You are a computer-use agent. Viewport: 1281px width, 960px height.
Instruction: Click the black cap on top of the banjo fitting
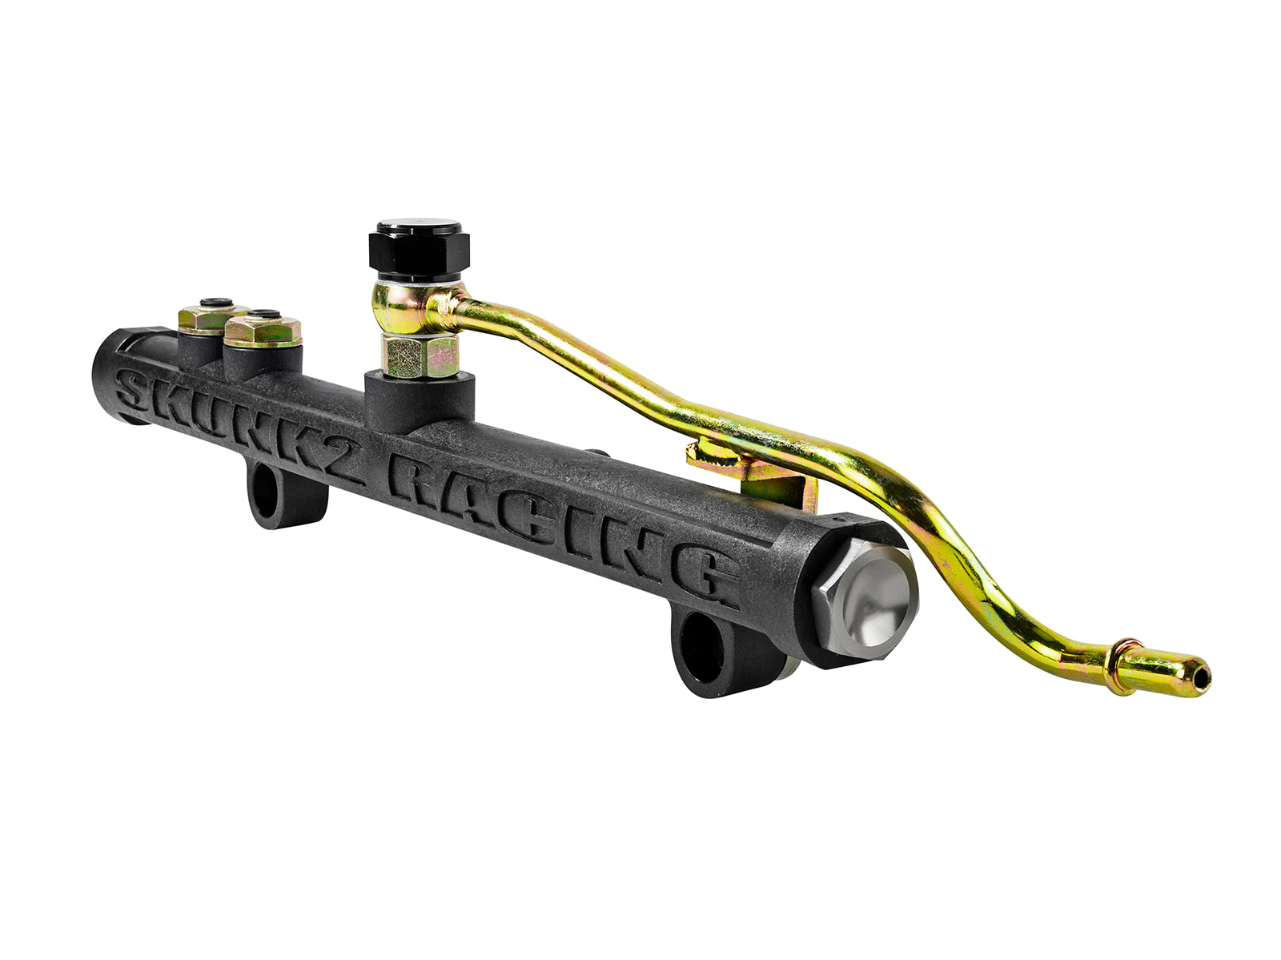419,248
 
